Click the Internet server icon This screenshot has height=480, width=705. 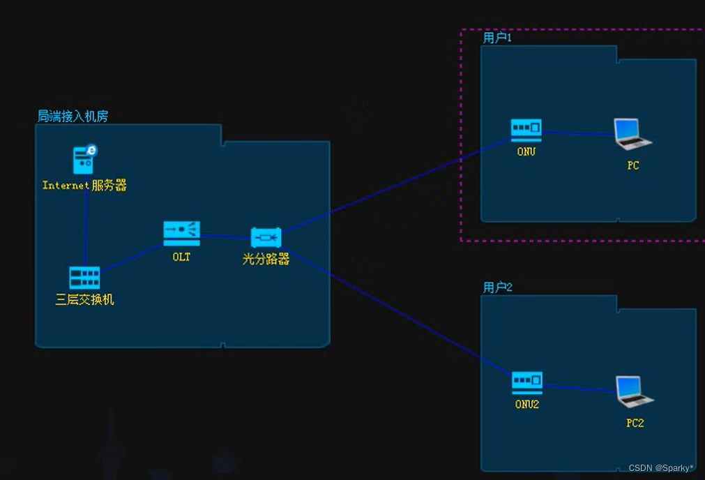tap(85, 160)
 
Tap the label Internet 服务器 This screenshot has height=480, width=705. tap(84, 186)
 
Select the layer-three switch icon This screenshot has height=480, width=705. tap(84, 277)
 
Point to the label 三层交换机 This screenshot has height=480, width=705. tap(84, 300)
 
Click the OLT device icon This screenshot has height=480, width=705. tap(181, 233)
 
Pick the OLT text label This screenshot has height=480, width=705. tap(181, 257)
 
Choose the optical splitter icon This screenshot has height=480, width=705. tap(266, 238)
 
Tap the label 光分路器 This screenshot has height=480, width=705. tap(266, 260)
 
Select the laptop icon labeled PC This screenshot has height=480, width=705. tap(632, 134)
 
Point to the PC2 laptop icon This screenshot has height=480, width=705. tap(634, 391)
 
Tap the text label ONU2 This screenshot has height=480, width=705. tap(527, 404)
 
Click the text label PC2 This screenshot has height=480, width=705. tap(635, 423)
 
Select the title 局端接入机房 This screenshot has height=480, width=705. tap(73, 117)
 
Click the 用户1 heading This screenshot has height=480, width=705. tap(497, 38)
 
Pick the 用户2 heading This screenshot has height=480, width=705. tap(498, 287)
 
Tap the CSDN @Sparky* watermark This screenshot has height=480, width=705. tap(661, 468)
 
